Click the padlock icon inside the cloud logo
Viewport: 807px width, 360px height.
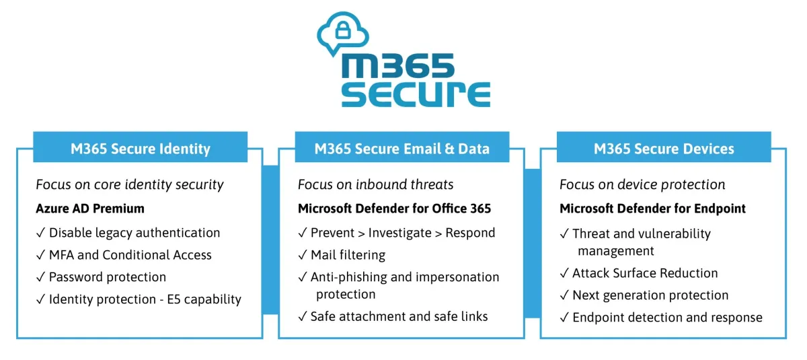342,30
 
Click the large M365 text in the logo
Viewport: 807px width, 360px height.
397,65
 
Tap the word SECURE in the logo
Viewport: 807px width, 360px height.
416,94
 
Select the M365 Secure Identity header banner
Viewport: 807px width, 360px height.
140,147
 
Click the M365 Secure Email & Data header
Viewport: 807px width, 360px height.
402,147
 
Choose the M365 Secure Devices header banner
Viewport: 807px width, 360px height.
664,147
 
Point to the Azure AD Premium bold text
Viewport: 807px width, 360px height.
90,209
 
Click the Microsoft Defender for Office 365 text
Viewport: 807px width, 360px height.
395,209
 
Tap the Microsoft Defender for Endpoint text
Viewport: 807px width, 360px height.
652,209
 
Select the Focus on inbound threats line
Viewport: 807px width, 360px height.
375,184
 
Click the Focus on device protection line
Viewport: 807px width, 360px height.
642,184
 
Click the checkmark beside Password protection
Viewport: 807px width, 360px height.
41,277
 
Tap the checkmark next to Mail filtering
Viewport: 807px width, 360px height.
303,255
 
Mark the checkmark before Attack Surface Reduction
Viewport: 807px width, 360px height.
564,273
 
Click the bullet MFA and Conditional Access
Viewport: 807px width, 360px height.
124,255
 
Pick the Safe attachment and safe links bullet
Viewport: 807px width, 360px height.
393,316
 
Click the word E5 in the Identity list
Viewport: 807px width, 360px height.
174,299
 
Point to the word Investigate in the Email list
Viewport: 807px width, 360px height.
400,233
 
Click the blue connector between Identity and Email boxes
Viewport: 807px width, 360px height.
270,240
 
